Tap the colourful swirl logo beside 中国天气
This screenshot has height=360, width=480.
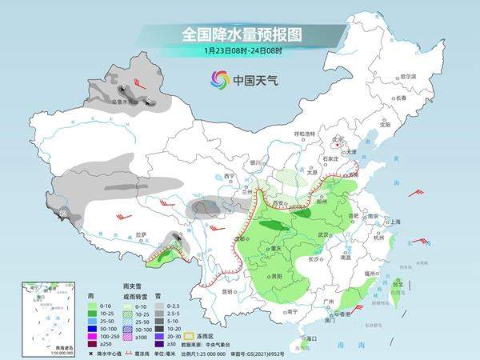pyautogui.click(x=219, y=79)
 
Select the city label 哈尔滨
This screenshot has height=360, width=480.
pyautogui.click(x=408, y=76)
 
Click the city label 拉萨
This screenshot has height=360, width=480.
pyautogui.click(x=142, y=234)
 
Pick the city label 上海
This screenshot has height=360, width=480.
pyautogui.click(x=394, y=222)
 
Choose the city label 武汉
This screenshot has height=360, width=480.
pyautogui.click(x=323, y=234)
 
